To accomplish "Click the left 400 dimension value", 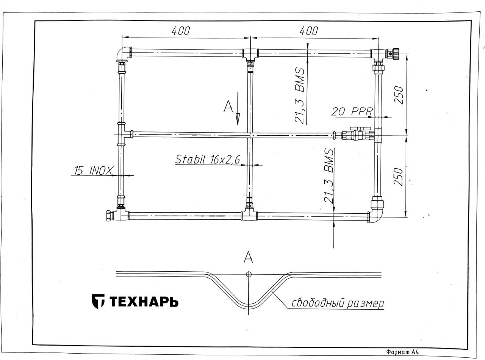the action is pyautogui.click(x=181, y=31).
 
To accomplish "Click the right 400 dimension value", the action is pyautogui.click(x=308, y=31).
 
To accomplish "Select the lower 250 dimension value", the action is pyautogui.click(x=398, y=177).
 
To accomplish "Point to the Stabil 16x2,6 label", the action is pyautogui.click(x=208, y=159).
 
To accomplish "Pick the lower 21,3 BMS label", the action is pyautogui.click(x=329, y=176).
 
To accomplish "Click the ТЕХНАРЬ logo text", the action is pyautogui.click(x=144, y=302).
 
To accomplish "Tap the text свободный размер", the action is pyautogui.click(x=338, y=304).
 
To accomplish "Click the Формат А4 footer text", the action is pyautogui.click(x=402, y=352).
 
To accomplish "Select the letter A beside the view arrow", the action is pyautogui.click(x=228, y=106).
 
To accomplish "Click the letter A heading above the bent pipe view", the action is pyautogui.click(x=248, y=257).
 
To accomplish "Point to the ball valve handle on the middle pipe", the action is pyautogui.click(x=361, y=128).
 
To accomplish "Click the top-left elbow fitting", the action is pyautogui.click(x=123, y=54).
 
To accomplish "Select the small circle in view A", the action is pyautogui.click(x=249, y=274).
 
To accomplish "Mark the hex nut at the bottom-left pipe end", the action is pyautogui.click(x=109, y=216).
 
